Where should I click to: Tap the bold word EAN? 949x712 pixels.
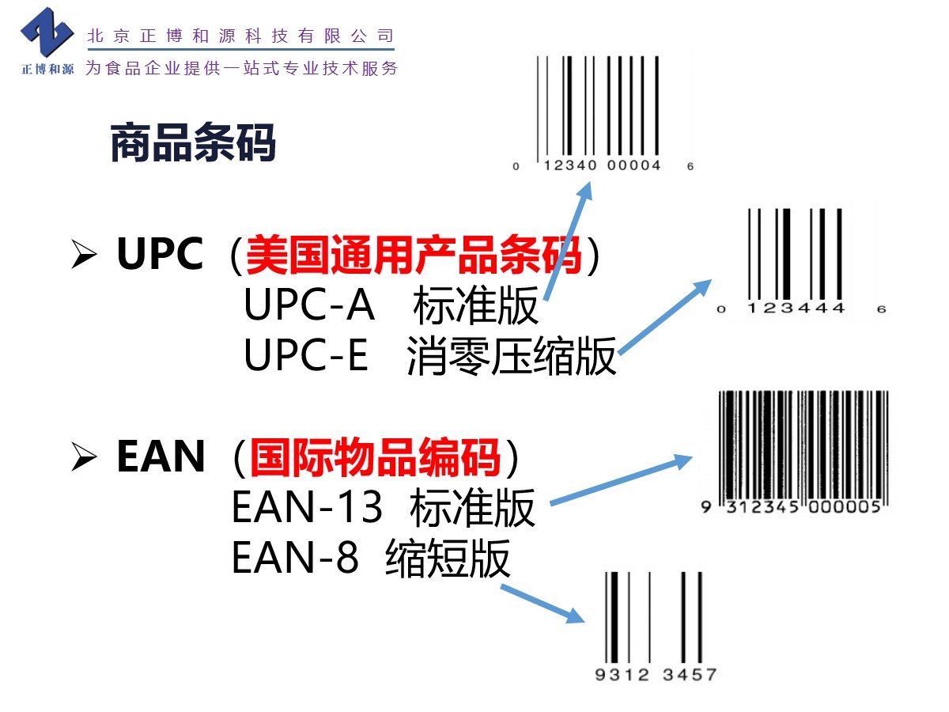pos(161,456)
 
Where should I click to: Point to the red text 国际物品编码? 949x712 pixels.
pos(376,456)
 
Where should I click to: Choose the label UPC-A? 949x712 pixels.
pos(308,305)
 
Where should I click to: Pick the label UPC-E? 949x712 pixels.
pos(306,356)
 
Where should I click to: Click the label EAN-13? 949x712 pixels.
pos(307,507)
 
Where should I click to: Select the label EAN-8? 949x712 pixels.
pos(295,558)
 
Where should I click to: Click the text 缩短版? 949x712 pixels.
pos(448,559)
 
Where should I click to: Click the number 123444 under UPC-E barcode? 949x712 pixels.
pos(796,309)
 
